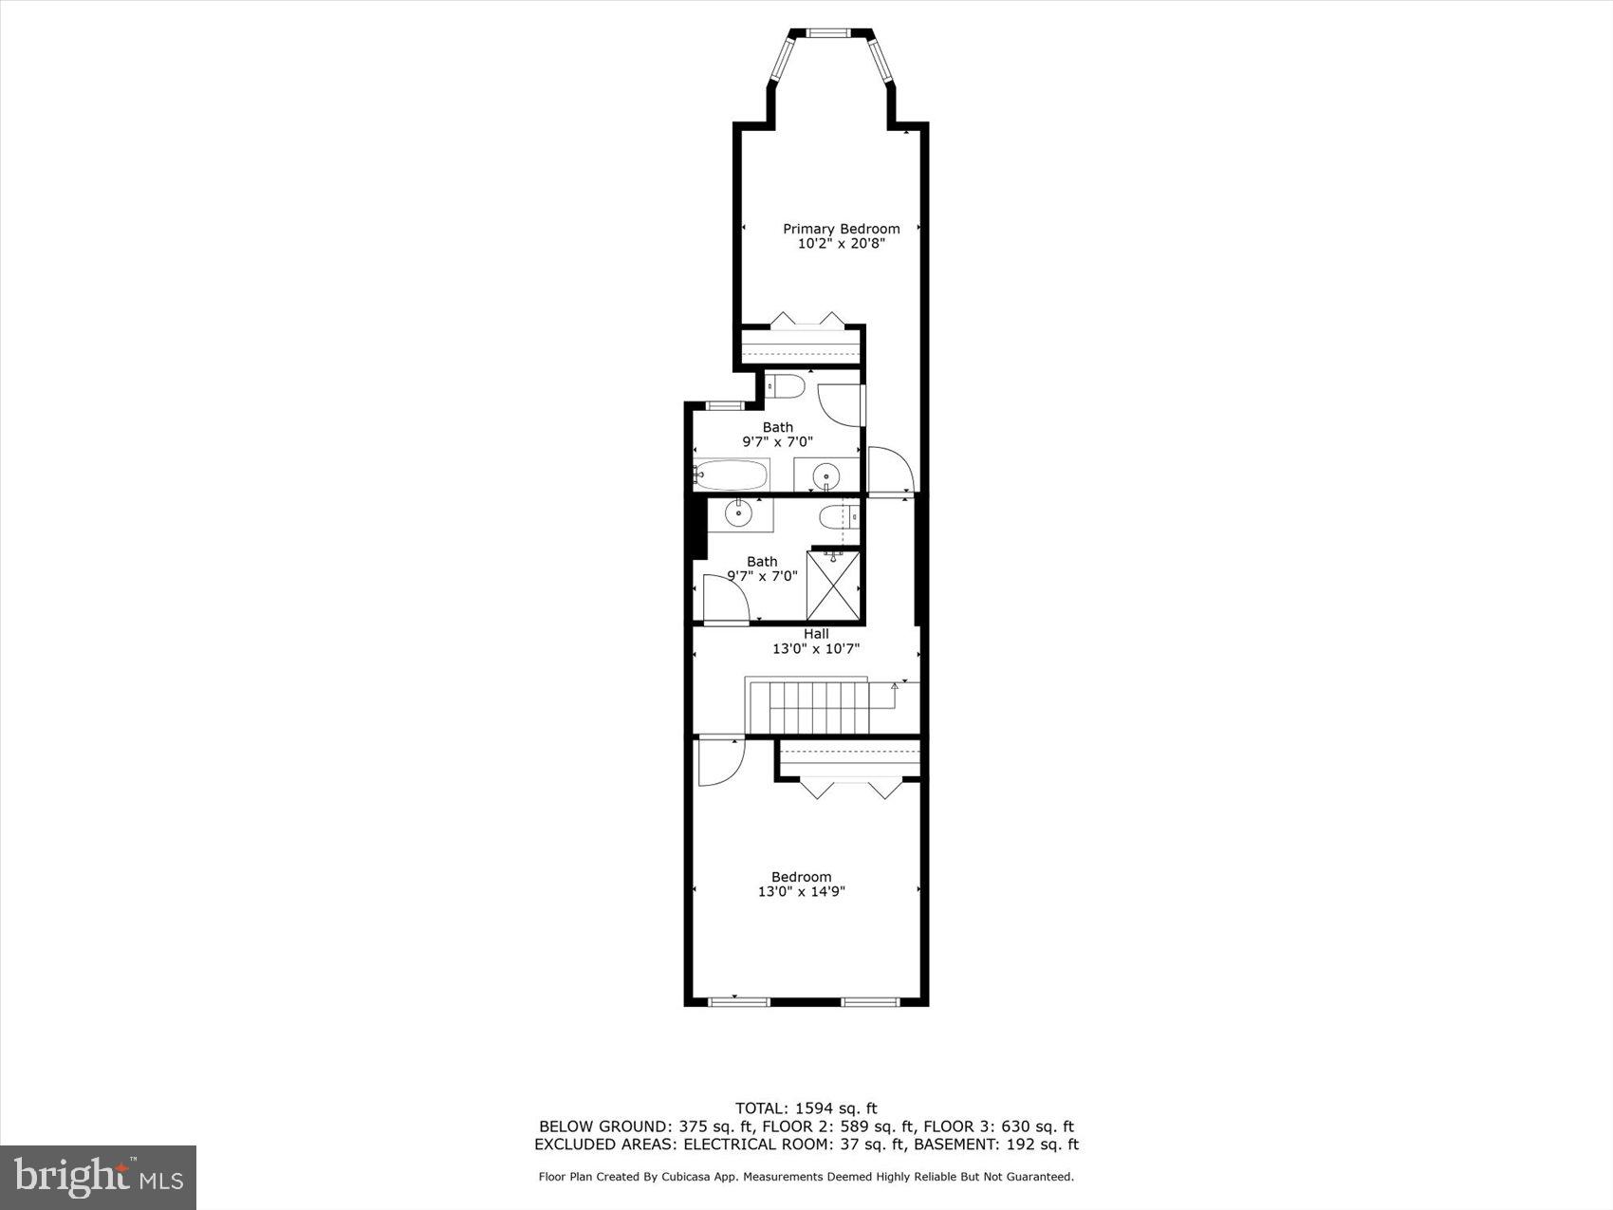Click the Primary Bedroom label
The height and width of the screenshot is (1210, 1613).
coord(841,229)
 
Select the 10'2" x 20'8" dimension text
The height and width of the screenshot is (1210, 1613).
coord(841,244)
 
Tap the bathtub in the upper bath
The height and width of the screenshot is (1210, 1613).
coord(731,474)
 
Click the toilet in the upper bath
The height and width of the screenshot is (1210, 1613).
coord(787,386)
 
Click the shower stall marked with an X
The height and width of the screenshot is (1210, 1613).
coord(832,586)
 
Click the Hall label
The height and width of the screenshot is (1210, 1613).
coord(816,634)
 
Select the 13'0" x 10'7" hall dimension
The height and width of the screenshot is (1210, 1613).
coord(816,649)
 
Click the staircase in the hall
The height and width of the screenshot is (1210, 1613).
coord(808,708)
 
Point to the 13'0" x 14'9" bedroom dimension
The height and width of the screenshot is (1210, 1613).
coord(801,892)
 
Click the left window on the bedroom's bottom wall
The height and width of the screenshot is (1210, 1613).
coord(739,1001)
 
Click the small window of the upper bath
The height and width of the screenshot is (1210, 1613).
coord(726,406)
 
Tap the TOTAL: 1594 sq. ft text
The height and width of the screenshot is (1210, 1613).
coord(806,1108)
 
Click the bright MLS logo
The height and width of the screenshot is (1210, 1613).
coord(99,1177)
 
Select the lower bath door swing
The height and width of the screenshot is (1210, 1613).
coord(725,599)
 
